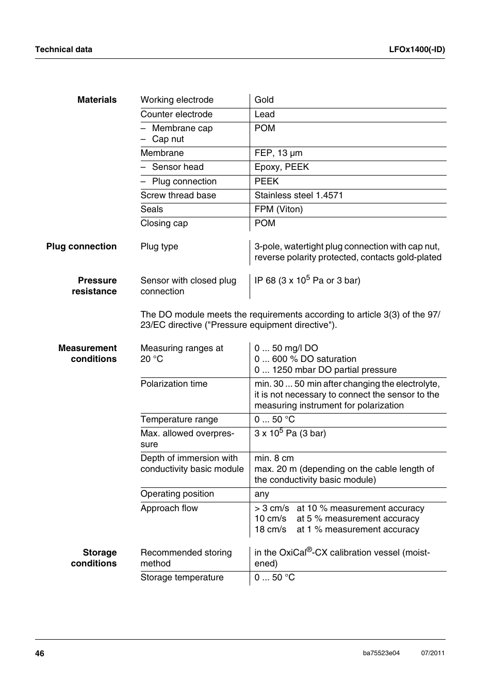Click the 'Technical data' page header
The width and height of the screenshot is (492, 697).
coord(63,50)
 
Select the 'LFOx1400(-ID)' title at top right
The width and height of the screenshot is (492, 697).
coord(417,50)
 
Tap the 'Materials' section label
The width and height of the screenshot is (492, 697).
coord(97,100)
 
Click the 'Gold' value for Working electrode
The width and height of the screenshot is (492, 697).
coord(264,100)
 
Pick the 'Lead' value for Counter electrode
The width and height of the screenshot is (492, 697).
coord(265,114)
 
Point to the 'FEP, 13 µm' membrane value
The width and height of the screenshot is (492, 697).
coord(278,153)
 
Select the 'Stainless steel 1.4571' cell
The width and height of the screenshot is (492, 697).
coord(299,195)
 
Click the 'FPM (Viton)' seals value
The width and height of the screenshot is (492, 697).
coord(278,209)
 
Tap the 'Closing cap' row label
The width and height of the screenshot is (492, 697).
coord(164,223)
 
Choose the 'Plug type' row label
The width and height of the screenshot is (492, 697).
coord(159,246)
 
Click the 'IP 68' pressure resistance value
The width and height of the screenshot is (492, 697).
coord(307,280)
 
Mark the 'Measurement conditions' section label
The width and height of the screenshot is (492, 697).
coord(88,354)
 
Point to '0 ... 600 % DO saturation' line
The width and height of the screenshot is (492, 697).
coord(305,359)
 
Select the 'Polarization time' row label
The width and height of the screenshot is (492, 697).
coord(174,384)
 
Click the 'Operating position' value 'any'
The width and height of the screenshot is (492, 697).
coord(262,494)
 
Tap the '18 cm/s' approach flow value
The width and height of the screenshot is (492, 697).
coord(270,529)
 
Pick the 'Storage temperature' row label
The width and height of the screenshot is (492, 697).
coord(182,577)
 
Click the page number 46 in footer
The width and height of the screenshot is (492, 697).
coord(40,653)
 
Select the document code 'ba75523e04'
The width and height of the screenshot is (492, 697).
coord(381,653)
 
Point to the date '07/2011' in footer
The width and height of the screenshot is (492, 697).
coord(433,653)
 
